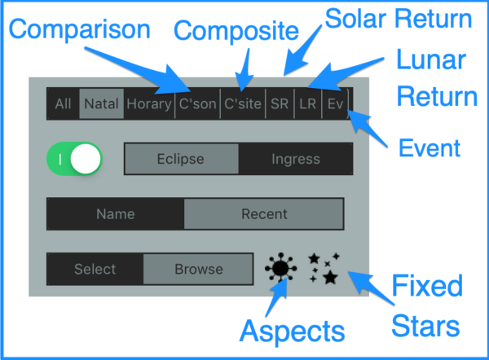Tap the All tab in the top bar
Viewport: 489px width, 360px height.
[x=63, y=103]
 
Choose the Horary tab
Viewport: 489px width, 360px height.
[x=149, y=103]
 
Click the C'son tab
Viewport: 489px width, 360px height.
[x=197, y=103]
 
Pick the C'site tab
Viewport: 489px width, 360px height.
[x=243, y=103]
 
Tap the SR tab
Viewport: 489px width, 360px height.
[x=280, y=103]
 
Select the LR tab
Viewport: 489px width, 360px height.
[x=307, y=103]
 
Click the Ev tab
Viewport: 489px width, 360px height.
[x=335, y=103]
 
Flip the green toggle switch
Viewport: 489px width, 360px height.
[x=76, y=159]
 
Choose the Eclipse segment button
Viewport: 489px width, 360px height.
[x=181, y=159]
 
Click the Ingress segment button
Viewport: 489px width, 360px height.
[x=296, y=159]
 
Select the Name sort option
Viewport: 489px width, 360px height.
[x=115, y=214]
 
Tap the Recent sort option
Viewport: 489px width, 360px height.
[x=264, y=214]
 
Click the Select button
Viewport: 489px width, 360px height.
[x=95, y=269]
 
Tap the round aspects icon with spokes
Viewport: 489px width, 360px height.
[x=280, y=268]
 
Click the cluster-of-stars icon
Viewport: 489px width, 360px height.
[x=324, y=268]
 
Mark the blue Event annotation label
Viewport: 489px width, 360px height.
[x=430, y=148]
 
